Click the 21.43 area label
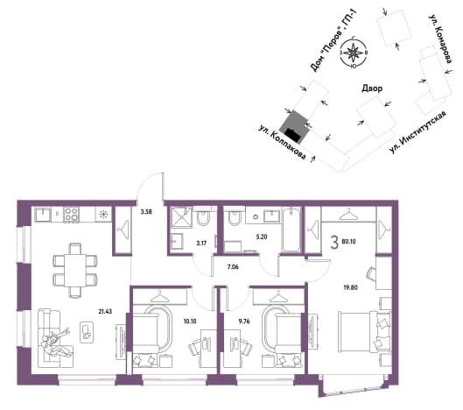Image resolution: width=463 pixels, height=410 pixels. point(105,311)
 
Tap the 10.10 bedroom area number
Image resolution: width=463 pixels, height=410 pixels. point(190,321)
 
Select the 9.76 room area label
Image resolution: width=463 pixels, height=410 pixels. point(244,321)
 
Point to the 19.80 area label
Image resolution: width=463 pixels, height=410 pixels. point(350,287)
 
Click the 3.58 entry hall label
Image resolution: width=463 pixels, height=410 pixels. point(146,212)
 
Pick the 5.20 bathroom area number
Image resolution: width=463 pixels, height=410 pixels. point(262,237)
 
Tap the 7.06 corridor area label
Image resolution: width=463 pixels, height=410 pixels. point(233,267)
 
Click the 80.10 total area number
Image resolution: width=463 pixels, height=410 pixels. point(348,242)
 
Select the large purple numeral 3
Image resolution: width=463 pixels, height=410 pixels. point(334,244)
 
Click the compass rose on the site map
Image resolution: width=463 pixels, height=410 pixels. point(353,53)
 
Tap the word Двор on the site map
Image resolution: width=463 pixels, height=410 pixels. point(372,88)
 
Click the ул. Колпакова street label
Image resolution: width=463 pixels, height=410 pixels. point(282,143)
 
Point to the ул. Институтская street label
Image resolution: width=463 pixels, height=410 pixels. point(417,131)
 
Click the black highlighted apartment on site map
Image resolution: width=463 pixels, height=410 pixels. point(292,135)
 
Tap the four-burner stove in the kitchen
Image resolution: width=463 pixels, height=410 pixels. point(72,215)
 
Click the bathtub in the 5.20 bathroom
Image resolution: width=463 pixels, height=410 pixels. point(291,230)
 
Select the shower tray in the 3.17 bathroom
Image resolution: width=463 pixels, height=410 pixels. point(180,217)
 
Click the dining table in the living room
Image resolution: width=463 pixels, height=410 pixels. point(75,270)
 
